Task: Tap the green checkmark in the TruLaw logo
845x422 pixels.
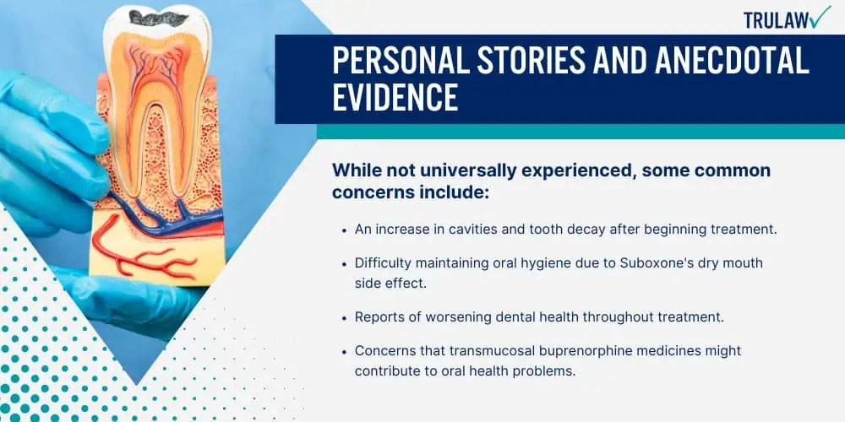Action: tap(820, 17)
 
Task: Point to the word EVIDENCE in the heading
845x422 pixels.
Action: tap(395, 97)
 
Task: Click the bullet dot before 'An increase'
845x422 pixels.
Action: tap(345, 230)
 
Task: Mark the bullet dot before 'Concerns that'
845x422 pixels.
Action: tap(345, 351)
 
